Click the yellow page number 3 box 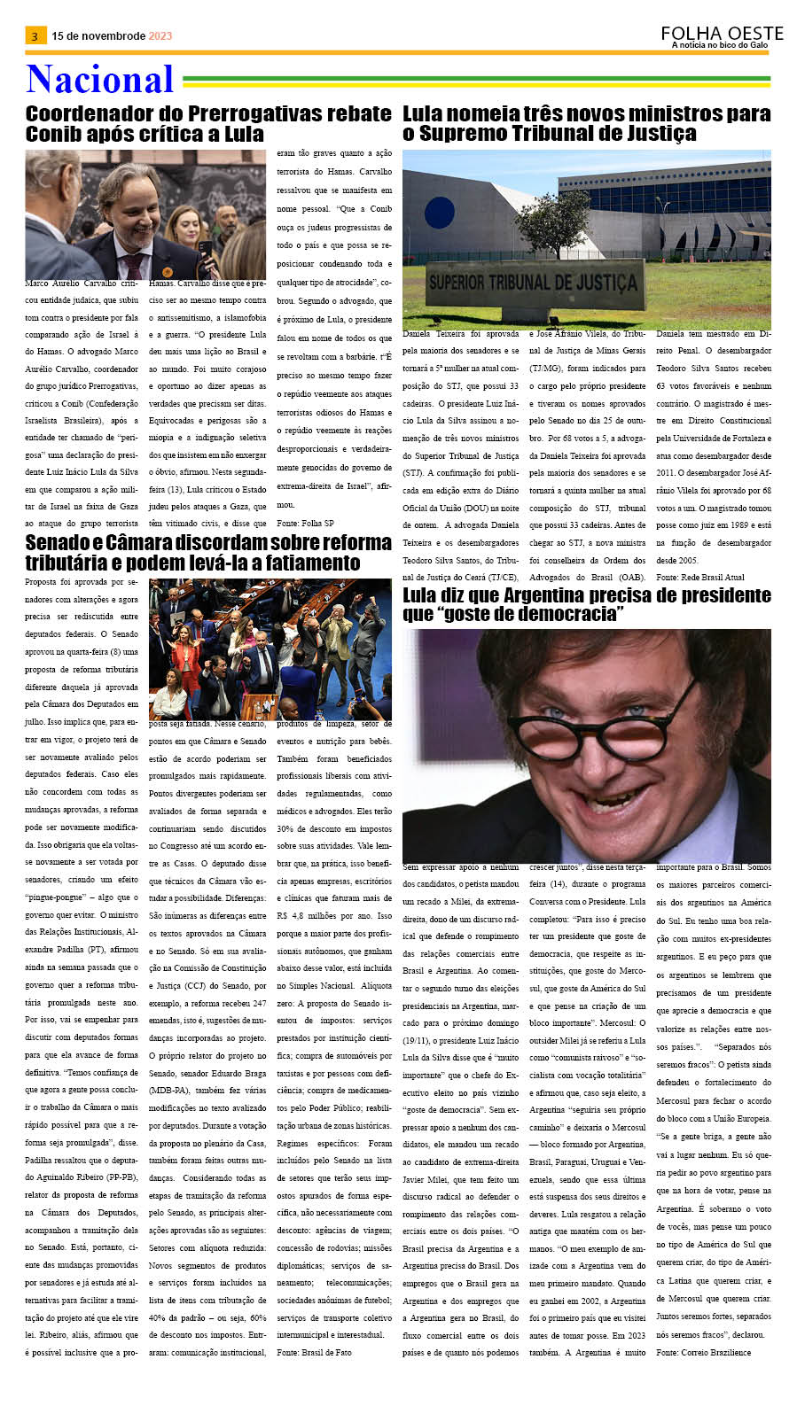(x=35, y=36)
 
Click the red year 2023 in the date (x=160, y=36)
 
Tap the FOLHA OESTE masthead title (x=722, y=34)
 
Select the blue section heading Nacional (x=99, y=80)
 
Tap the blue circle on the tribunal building (x=440, y=213)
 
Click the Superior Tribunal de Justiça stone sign (x=532, y=284)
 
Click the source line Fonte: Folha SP (x=305, y=524)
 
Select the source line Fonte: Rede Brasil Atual (x=700, y=577)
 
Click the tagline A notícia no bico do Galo (x=719, y=45)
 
